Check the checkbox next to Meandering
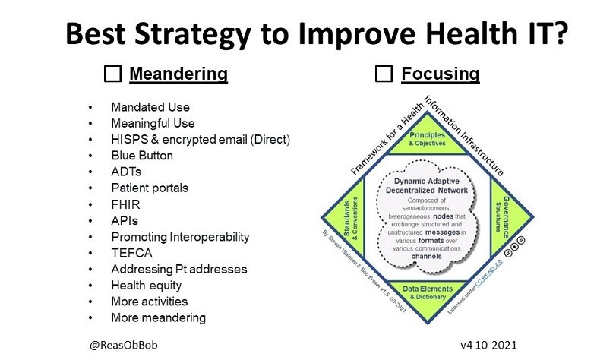pyautogui.click(x=112, y=74)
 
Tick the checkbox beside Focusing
pyautogui.click(x=384, y=74)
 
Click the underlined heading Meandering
pyautogui.click(x=178, y=74)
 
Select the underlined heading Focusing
pyautogui.click(x=440, y=74)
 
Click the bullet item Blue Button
pyautogui.click(x=142, y=156)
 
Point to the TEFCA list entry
pyautogui.click(x=129, y=253)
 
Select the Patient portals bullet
pyautogui.click(x=150, y=188)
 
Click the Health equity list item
pyautogui.click(x=147, y=286)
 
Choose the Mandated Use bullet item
pyautogui.click(x=150, y=107)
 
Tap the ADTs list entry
pyautogui.click(x=126, y=172)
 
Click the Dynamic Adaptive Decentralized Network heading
pyautogui.click(x=427, y=188)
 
